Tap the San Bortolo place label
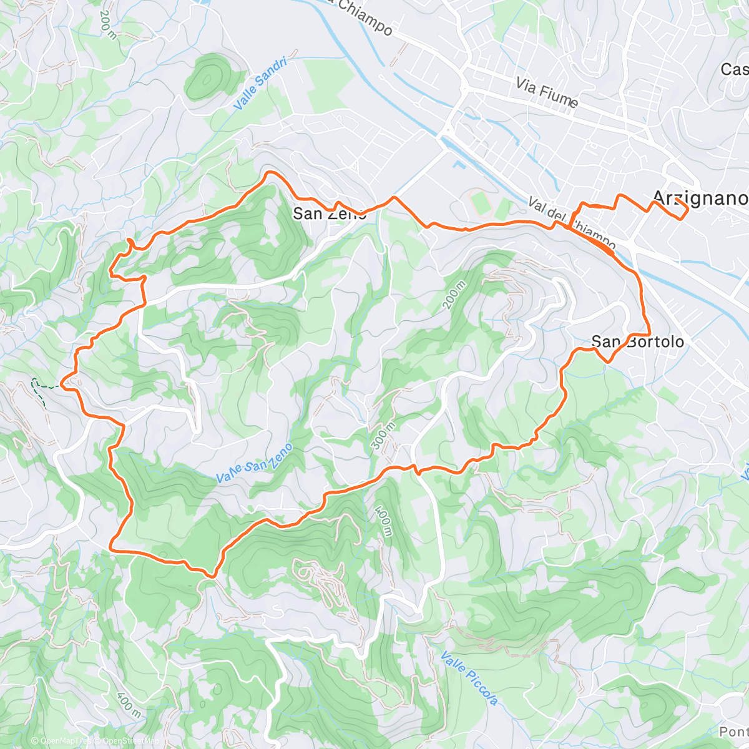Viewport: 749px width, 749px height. pos(637,341)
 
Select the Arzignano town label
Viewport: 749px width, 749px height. pos(699,198)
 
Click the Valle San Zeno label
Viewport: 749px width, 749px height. pos(254,463)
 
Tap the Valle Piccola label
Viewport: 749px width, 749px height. pos(469,678)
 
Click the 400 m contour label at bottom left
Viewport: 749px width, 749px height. pos(127,703)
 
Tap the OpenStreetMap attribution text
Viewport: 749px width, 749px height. pos(123,741)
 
